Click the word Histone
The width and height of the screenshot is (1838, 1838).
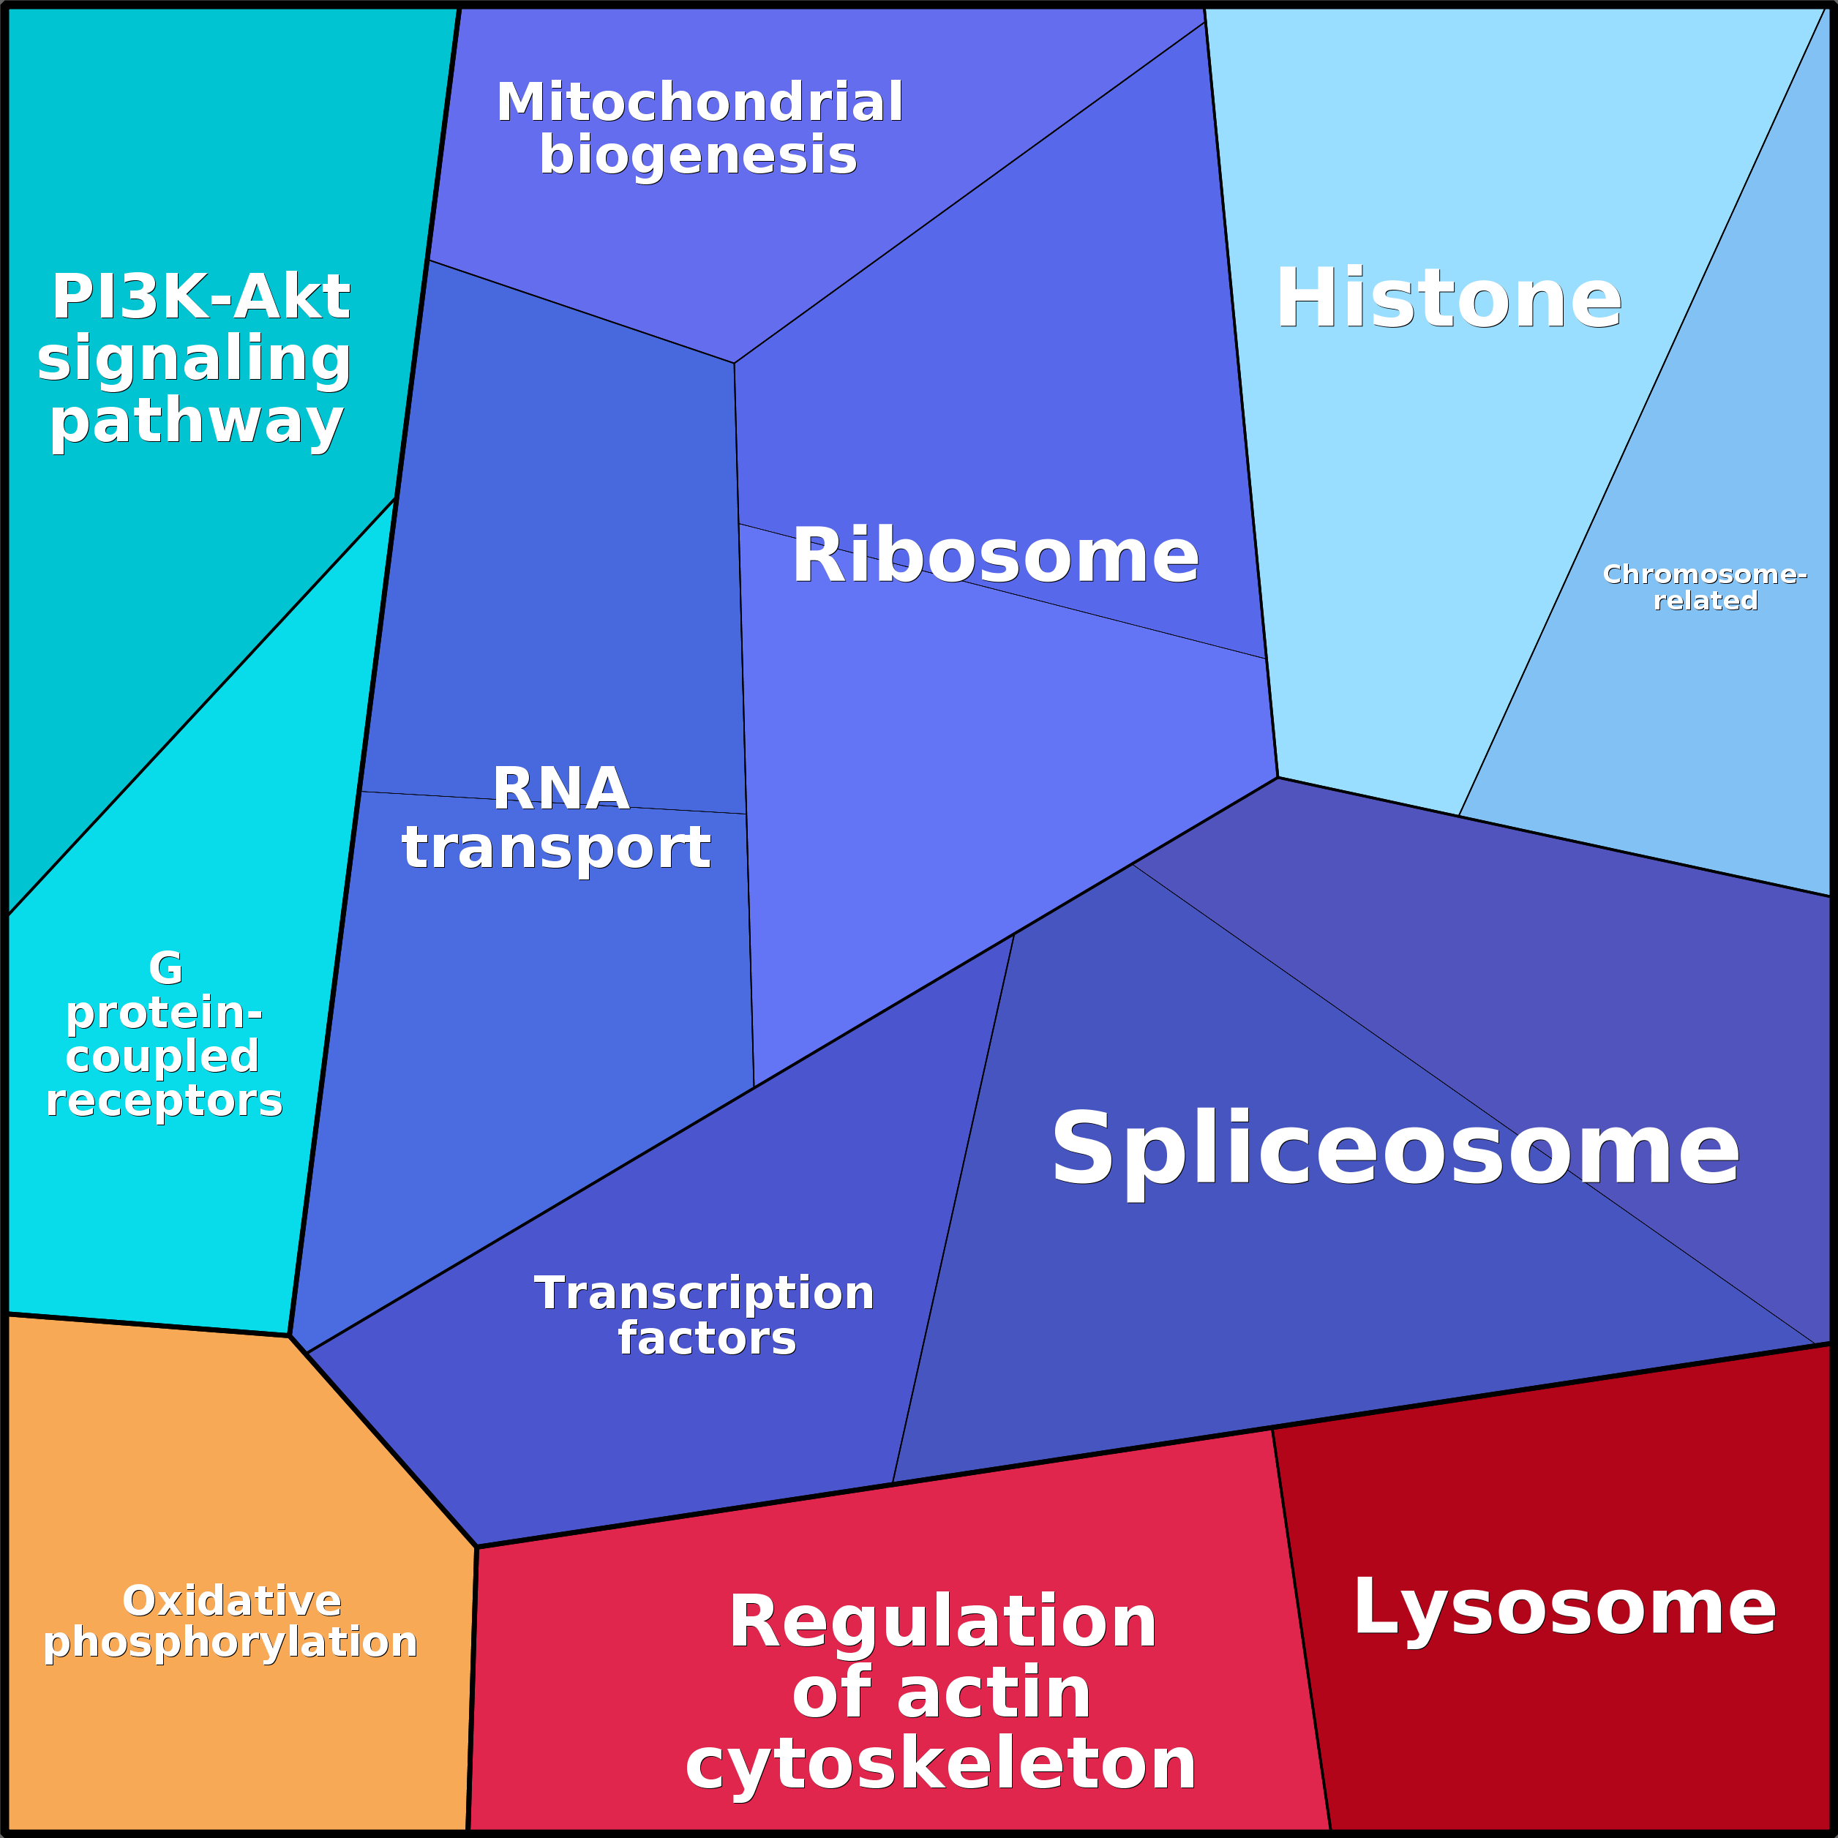coord(1448,299)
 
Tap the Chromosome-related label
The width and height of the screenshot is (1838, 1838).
coord(1705,587)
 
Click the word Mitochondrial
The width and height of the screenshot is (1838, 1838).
coord(699,102)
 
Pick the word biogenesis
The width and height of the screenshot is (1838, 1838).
coord(698,155)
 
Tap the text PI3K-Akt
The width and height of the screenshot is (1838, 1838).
coord(200,297)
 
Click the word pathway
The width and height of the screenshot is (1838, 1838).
coord(196,421)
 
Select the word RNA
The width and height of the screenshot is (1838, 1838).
coord(560,788)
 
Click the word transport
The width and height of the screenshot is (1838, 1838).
coord(557,847)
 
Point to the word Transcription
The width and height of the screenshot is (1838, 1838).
coord(704,1293)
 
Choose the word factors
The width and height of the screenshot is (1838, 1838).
coord(707,1338)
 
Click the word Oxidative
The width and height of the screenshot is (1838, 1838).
coord(232,1601)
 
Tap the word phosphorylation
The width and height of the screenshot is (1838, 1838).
coord(230,1643)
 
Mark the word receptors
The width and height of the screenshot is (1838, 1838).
coord(165,1100)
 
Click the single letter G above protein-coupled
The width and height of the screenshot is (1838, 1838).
coord(165,969)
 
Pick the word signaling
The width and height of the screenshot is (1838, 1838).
coord(195,359)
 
